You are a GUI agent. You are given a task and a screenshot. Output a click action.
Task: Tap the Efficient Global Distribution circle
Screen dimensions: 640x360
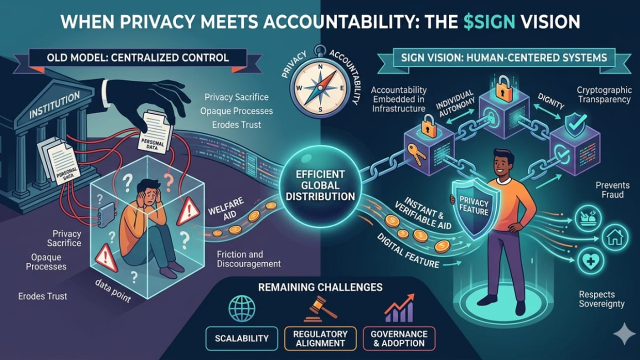[x=319, y=185]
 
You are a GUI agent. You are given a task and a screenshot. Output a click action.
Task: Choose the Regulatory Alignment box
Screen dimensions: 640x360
[x=320, y=338]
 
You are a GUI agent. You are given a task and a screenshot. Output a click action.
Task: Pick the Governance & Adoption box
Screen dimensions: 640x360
[x=399, y=338]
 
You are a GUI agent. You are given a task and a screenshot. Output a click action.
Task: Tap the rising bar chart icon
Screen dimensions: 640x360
[x=398, y=309]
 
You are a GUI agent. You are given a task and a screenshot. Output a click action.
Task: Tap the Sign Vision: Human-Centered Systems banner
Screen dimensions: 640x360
[x=504, y=57]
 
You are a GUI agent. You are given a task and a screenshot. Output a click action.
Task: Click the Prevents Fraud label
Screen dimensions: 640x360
[x=609, y=189]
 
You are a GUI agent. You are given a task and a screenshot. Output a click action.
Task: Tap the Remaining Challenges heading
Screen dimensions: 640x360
[x=320, y=287]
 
